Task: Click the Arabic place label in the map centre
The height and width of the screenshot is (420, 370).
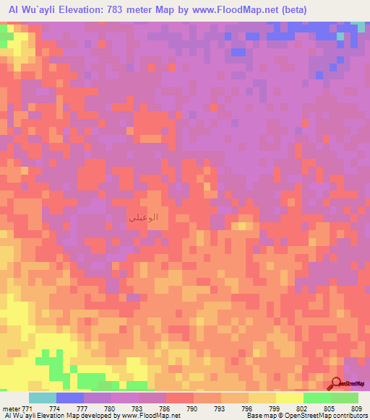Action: point(142,216)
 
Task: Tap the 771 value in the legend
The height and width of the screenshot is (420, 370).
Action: point(28,408)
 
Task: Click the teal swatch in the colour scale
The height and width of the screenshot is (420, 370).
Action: point(42,398)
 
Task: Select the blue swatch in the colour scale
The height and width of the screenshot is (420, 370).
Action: point(69,398)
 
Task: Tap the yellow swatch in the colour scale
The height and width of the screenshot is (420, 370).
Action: point(289,398)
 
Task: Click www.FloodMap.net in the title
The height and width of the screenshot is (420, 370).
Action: point(230,10)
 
